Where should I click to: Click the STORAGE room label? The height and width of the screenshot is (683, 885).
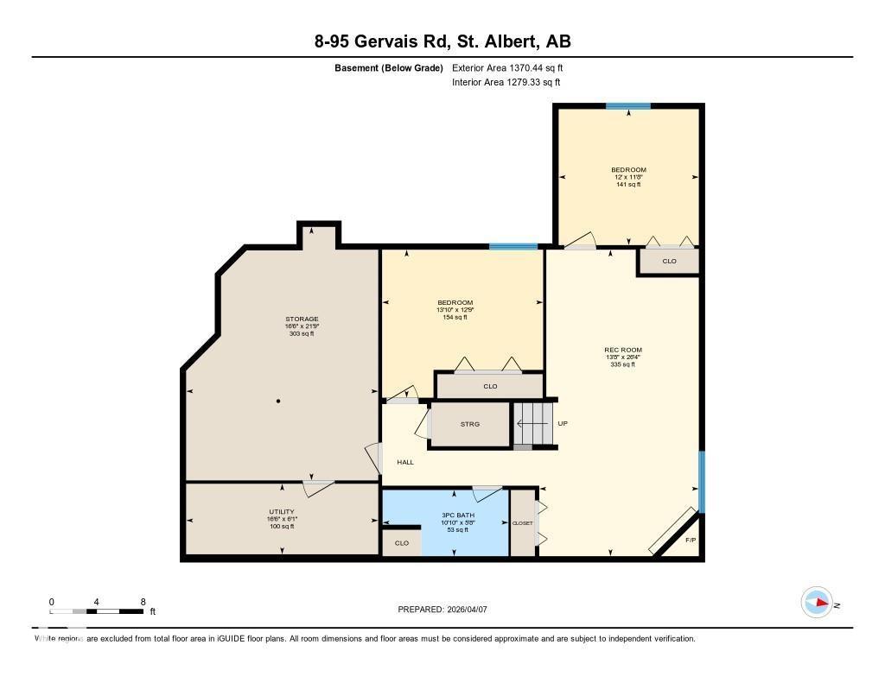pyautogui.click(x=302, y=319)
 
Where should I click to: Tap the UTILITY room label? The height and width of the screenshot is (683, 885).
pyautogui.click(x=281, y=511)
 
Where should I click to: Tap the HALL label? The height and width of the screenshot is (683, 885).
pyautogui.click(x=405, y=462)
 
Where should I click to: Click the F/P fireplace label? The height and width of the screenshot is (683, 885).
pyautogui.click(x=690, y=541)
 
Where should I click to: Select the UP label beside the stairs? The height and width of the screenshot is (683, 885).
pyautogui.click(x=563, y=423)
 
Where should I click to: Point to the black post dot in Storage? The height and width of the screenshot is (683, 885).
pyautogui.click(x=278, y=402)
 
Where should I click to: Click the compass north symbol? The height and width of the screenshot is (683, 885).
pyautogui.click(x=817, y=602)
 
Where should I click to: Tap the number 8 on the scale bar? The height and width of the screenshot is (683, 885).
pyautogui.click(x=143, y=601)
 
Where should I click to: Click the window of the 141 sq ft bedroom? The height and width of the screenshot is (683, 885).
pyautogui.click(x=627, y=106)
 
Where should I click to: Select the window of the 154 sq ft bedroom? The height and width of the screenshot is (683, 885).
pyautogui.click(x=513, y=247)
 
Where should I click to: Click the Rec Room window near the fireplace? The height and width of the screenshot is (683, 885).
pyautogui.click(x=701, y=481)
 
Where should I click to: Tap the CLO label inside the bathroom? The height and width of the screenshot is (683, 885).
pyautogui.click(x=401, y=543)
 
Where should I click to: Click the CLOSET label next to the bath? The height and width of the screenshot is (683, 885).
pyautogui.click(x=523, y=523)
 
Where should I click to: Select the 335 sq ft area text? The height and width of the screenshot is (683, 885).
pyautogui.click(x=621, y=364)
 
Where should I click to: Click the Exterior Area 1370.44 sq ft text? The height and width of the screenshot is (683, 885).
pyautogui.click(x=507, y=67)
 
